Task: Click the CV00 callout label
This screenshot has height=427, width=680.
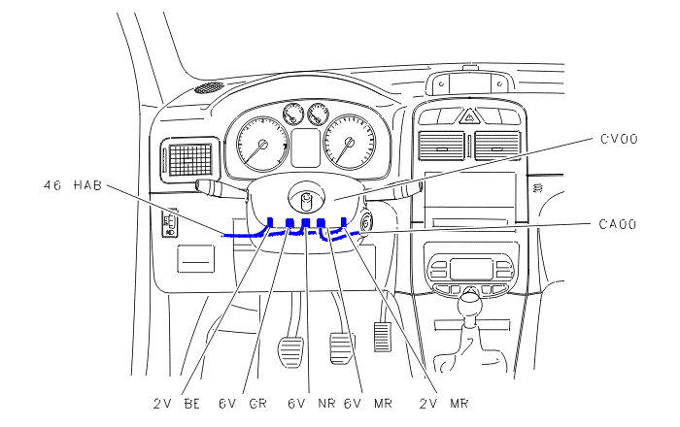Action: point(619,139)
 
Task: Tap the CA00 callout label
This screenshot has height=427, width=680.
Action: point(618,224)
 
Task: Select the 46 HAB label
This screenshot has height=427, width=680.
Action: point(73,185)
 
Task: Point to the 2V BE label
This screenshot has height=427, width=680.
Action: point(177,404)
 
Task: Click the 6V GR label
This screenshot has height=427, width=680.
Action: point(243,404)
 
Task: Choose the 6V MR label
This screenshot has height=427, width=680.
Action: point(368,404)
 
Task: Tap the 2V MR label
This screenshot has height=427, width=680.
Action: point(444,404)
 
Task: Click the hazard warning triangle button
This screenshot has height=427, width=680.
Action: point(469,116)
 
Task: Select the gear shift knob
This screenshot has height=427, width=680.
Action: point(470,304)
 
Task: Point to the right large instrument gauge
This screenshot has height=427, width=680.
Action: point(350,142)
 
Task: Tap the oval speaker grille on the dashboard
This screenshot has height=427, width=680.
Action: point(209,88)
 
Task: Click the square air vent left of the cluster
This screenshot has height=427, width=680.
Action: point(190,160)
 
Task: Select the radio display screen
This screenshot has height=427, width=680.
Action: point(470,269)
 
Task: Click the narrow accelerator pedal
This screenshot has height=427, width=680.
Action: point(382,336)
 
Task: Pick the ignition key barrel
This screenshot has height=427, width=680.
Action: point(366,222)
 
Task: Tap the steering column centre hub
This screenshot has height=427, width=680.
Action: point(307,198)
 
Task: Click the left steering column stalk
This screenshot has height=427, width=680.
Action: point(221,189)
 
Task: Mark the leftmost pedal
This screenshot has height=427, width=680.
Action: point(290,351)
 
